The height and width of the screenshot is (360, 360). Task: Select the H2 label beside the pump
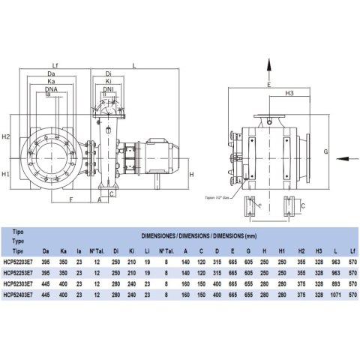pos(6,137)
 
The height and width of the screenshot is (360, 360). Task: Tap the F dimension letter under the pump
pos(70,200)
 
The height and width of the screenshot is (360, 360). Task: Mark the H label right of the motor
pos(192,174)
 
